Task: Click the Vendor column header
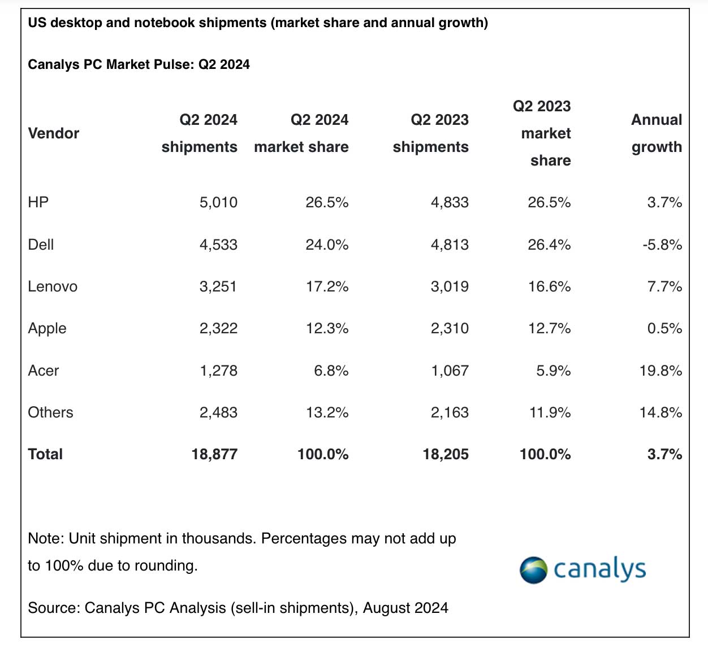pyautogui.click(x=53, y=133)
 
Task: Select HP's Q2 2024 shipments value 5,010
pyautogui.click(x=218, y=202)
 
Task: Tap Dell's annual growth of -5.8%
pyautogui.click(x=662, y=245)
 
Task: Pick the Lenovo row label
pyautogui.click(x=53, y=286)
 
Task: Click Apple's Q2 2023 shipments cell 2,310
pyautogui.click(x=450, y=328)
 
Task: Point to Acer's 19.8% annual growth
pyautogui.click(x=660, y=371)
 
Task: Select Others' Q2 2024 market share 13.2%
pyautogui.click(x=327, y=412)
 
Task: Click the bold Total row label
pyautogui.click(x=45, y=454)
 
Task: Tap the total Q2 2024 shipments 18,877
pyautogui.click(x=214, y=454)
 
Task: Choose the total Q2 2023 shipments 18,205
pyautogui.click(x=446, y=454)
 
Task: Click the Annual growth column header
pyautogui.click(x=657, y=133)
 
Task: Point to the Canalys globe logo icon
pyautogui.click(x=533, y=570)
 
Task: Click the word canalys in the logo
pyautogui.click(x=599, y=569)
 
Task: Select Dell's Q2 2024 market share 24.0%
pyautogui.click(x=327, y=245)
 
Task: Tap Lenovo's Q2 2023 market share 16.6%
pyautogui.click(x=549, y=286)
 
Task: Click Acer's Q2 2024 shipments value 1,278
pyautogui.click(x=218, y=371)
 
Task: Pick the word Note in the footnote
pyautogui.click(x=45, y=538)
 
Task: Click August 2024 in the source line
pyautogui.click(x=405, y=608)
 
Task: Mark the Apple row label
pyautogui.click(x=47, y=329)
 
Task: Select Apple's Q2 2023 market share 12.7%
pyautogui.click(x=549, y=328)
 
